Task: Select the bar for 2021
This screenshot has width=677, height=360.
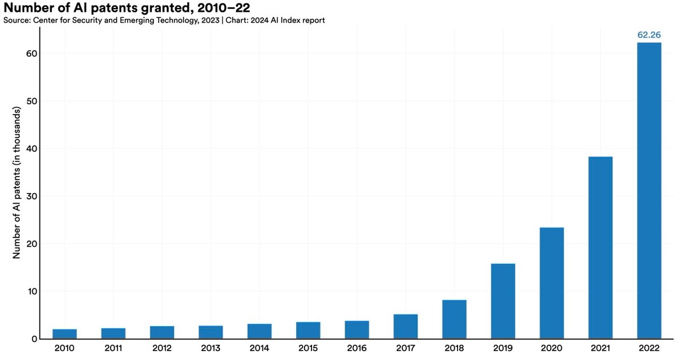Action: click(x=600, y=248)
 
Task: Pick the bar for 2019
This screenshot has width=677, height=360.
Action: click(x=503, y=301)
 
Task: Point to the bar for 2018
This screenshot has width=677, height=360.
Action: click(x=454, y=319)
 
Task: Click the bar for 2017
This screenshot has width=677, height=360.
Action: click(x=406, y=327)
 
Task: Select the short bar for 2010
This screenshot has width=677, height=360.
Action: click(x=65, y=334)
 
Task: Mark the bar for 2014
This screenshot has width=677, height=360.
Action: click(x=260, y=331)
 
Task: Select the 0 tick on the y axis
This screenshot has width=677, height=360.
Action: click(x=34, y=339)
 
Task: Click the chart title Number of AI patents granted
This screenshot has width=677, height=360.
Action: click(x=119, y=8)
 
